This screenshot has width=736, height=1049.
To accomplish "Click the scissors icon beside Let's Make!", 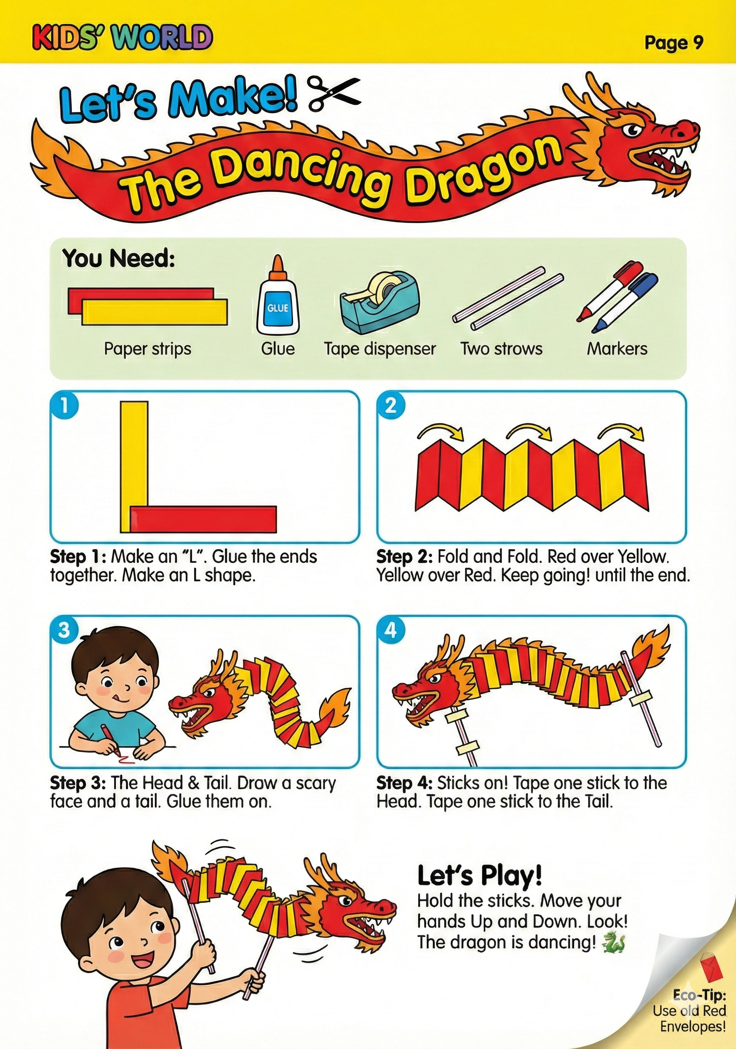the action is (x=334, y=93).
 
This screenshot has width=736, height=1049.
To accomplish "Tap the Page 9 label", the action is (x=673, y=43).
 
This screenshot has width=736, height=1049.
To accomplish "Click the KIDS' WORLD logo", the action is (x=123, y=37).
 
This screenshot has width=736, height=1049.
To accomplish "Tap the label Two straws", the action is (x=501, y=349).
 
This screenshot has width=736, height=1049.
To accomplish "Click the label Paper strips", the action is (x=147, y=350).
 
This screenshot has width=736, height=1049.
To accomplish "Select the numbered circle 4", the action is (x=391, y=630).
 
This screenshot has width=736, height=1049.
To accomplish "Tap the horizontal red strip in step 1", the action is (x=203, y=519).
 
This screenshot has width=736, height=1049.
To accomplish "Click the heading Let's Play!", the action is (x=480, y=876).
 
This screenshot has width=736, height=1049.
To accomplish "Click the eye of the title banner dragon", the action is (x=635, y=131).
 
